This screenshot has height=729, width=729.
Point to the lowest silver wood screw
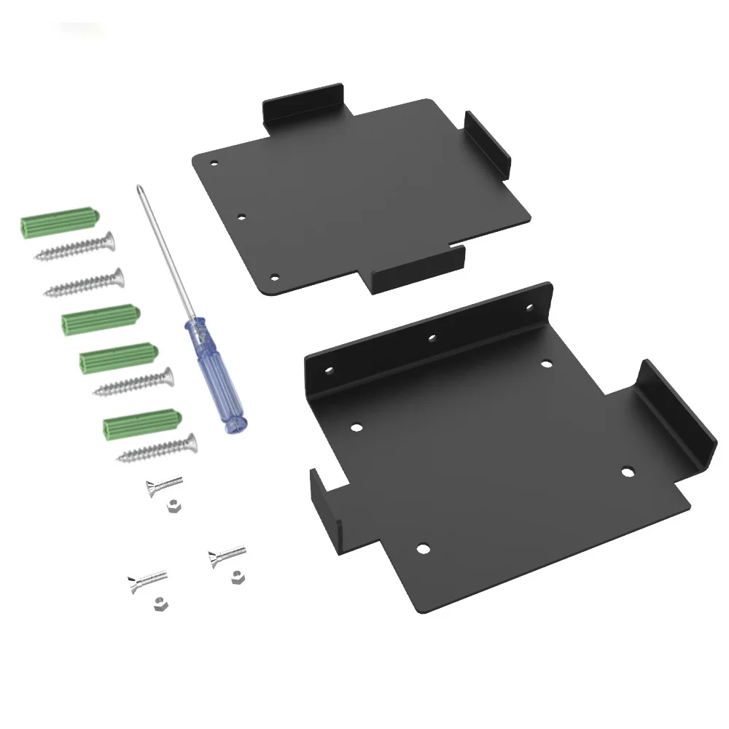point(157,448)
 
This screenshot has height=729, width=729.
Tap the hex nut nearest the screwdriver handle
point(172,505)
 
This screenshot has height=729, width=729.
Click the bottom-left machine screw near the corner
point(146,580)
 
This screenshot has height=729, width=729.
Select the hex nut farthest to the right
point(235,576)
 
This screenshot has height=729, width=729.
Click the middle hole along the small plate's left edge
point(242,217)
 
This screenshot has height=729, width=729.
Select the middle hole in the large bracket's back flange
point(432,338)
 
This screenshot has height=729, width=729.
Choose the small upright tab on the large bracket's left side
point(325,504)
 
